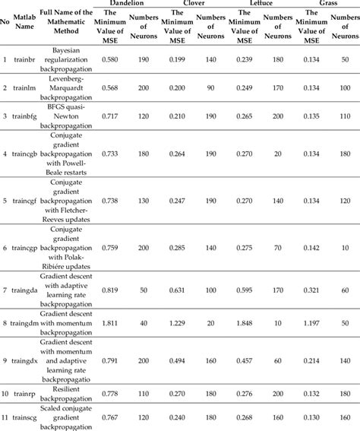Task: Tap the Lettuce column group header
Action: pyautogui.click(x=261, y=5)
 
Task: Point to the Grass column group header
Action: pyautogui.click(x=328, y=5)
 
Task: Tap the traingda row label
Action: pyautogui.click(x=26, y=290)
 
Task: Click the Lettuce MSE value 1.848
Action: pyautogui.click(x=244, y=324)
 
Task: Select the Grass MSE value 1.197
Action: pyautogui.click(x=311, y=324)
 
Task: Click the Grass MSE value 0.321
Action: pyautogui.click(x=311, y=290)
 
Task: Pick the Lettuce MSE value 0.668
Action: pyautogui.click(x=244, y=417)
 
